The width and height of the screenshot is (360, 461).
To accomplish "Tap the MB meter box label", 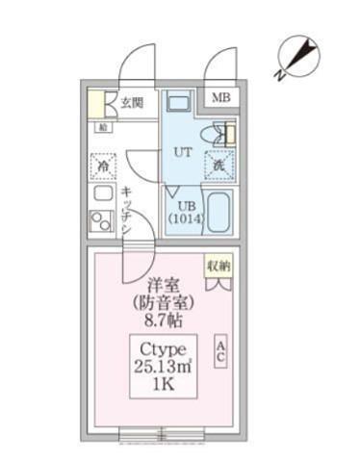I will point(220,98).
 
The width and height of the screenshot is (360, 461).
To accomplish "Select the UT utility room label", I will point(182,150).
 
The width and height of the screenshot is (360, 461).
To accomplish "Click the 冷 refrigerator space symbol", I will point(103,166).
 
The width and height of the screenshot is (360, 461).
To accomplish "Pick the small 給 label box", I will point(102,126).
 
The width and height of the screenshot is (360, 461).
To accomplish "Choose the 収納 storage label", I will point(219,265).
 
